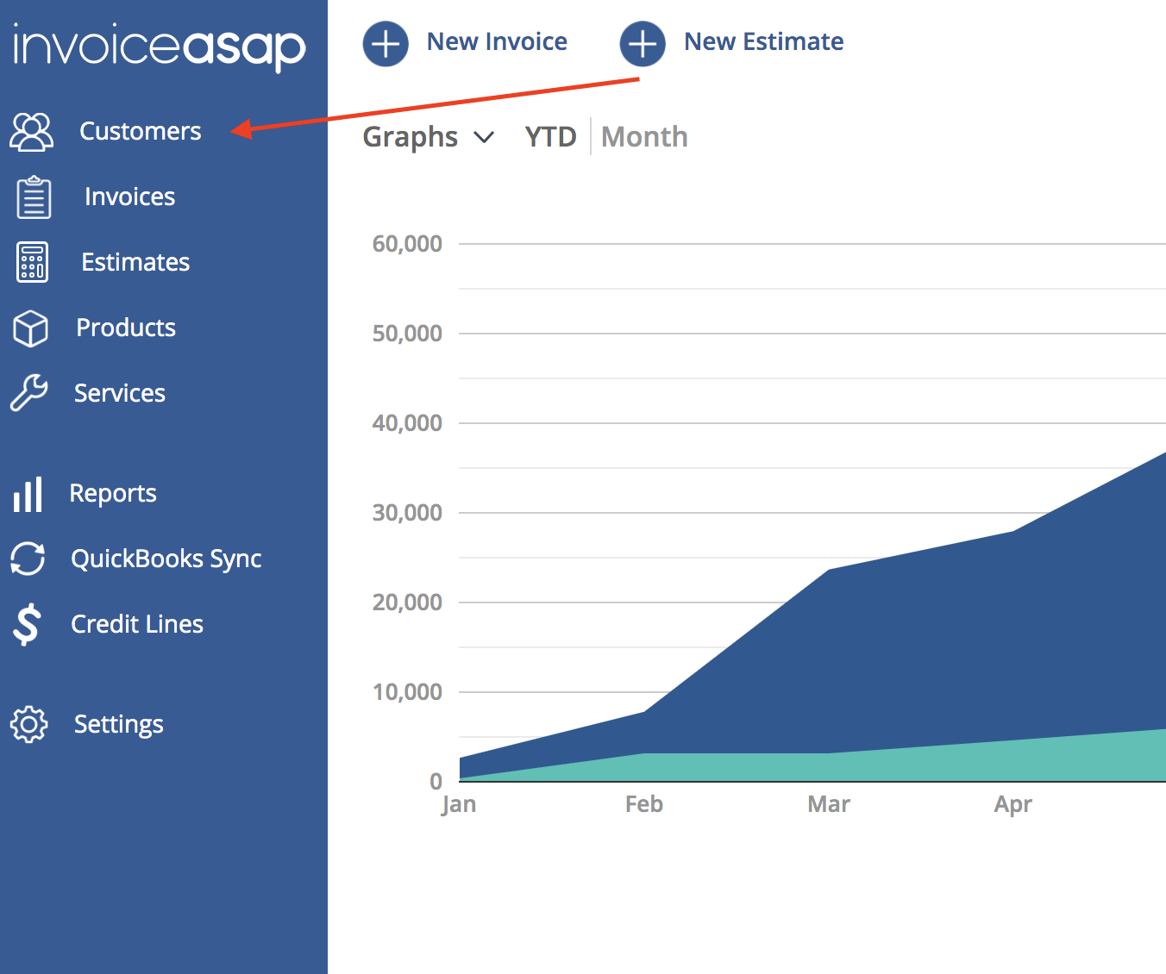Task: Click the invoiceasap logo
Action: tap(160, 47)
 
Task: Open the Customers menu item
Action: tap(141, 131)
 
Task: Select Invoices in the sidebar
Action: tap(129, 197)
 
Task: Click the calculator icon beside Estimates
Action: tap(33, 262)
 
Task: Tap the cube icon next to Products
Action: tap(30, 328)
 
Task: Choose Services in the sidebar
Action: tap(120, 393)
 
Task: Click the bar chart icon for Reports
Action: tap(28, 494)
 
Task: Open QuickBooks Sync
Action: tap(166, 559)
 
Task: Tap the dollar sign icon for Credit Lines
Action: tap(27, 624)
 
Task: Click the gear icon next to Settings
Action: tap(29, 725)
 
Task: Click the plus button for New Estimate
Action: tap(643, 44)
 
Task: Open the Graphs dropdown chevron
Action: tap(484, 137)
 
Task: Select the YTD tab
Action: tap(550, 137)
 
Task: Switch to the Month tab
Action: tap(644, 137)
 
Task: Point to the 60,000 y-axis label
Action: tap(407, 244)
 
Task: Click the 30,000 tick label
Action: tap(407, 513)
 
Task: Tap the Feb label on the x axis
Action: tap(644, 804)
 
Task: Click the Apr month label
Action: tap(1013, 805)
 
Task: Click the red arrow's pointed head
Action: tap(231, 131)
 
